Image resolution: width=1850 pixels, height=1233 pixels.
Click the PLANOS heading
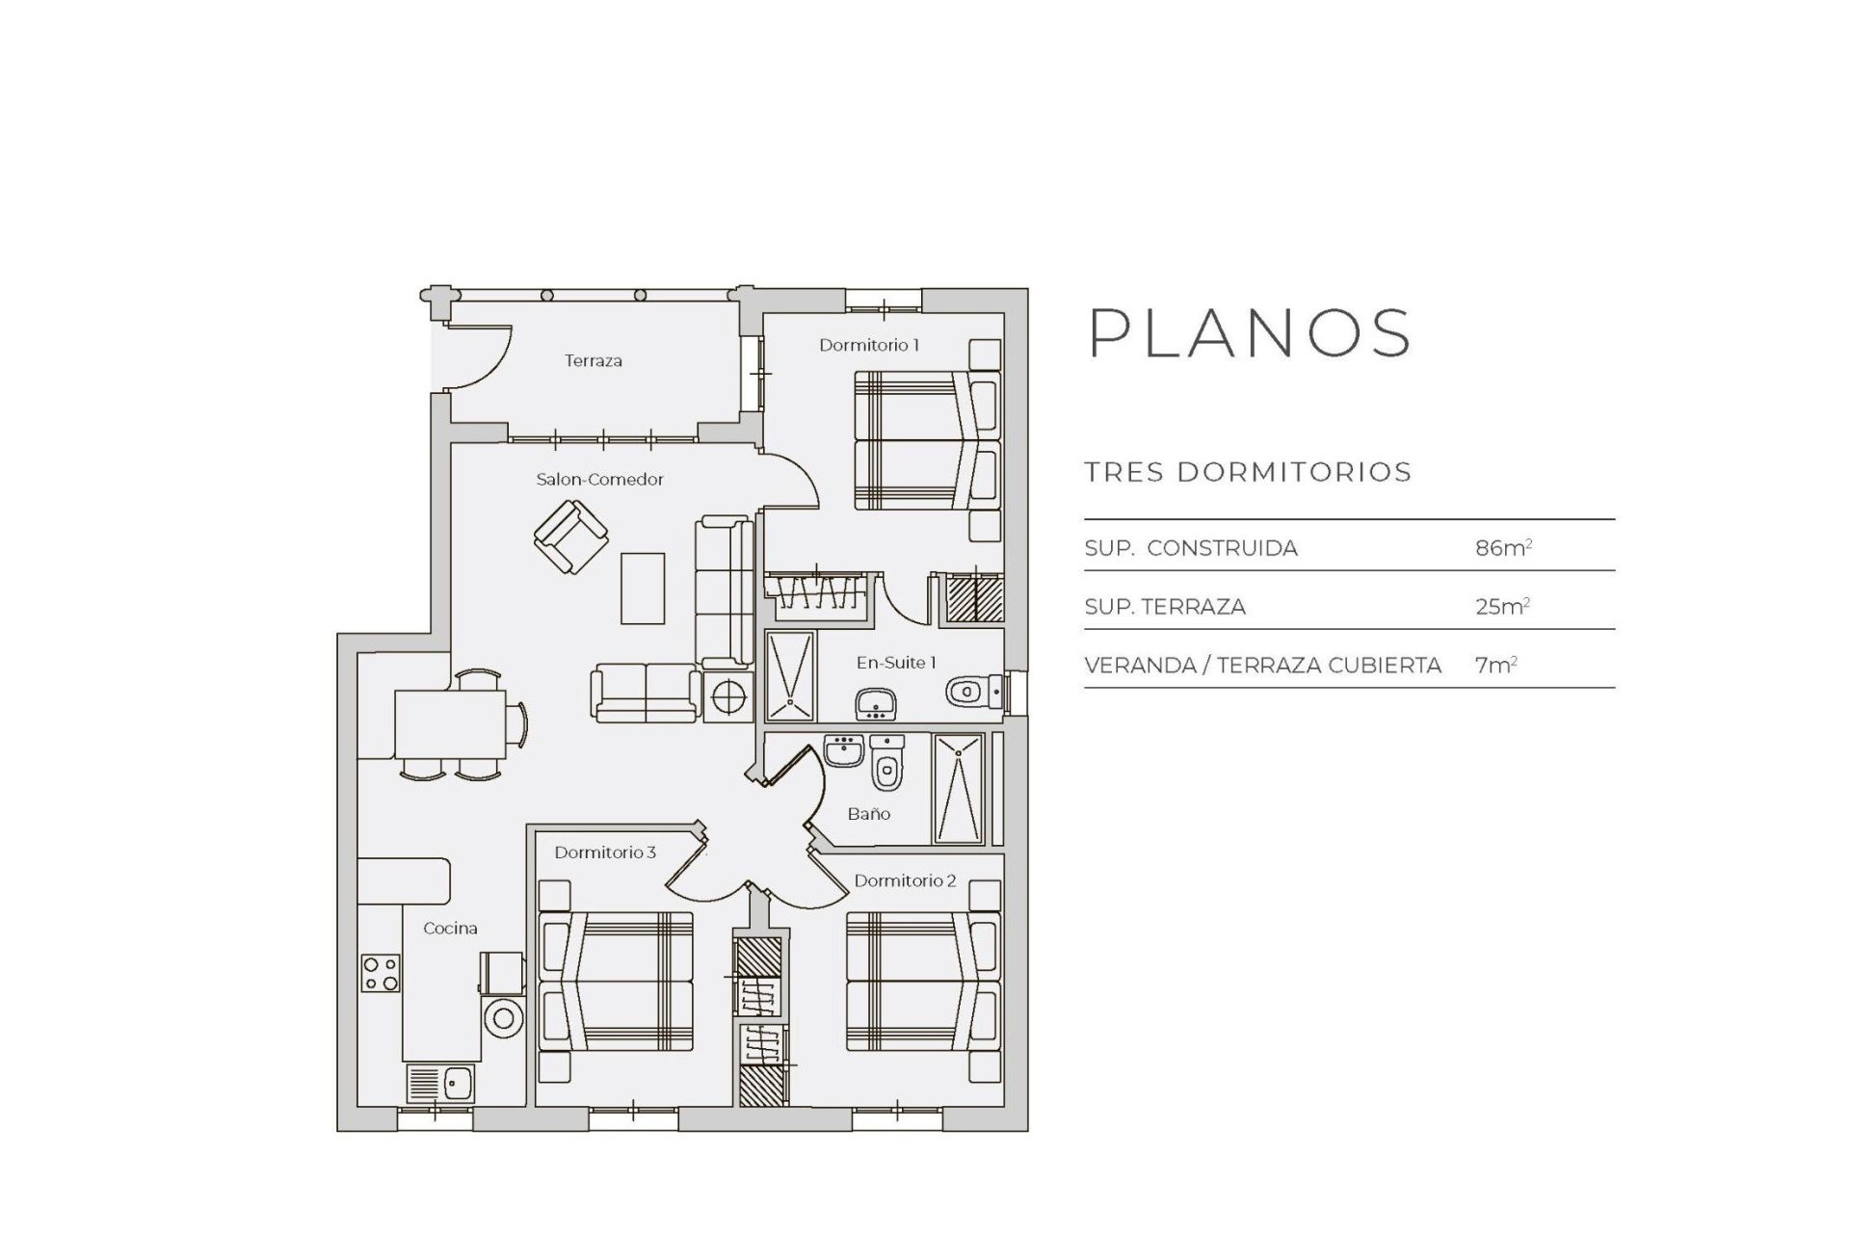(1250, 333)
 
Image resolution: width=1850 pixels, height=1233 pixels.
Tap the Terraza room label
(593, 361)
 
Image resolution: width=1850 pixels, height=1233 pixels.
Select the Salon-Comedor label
(599, 480)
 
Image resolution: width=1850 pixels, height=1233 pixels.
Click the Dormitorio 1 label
(869, 345)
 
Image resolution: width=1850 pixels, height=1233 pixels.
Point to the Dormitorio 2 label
(905, 880)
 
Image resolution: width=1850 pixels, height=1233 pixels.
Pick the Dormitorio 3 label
(605, 853)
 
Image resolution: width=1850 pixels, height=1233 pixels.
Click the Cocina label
(450, 929)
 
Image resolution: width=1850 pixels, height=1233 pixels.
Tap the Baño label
(868, 814)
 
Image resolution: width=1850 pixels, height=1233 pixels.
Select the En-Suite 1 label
(896, 663)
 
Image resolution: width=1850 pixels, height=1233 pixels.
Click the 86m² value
(1502, 548)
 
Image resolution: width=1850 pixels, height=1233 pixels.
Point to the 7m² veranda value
(1495, 665)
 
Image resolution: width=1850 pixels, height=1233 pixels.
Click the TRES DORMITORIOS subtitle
(1248, 472)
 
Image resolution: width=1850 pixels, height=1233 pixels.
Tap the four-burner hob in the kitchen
(380, 972)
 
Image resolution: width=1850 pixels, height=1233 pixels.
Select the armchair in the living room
(570, 538)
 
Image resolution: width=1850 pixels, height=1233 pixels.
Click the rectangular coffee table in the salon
(643, 588)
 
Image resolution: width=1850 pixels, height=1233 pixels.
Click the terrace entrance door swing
(479, 359)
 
